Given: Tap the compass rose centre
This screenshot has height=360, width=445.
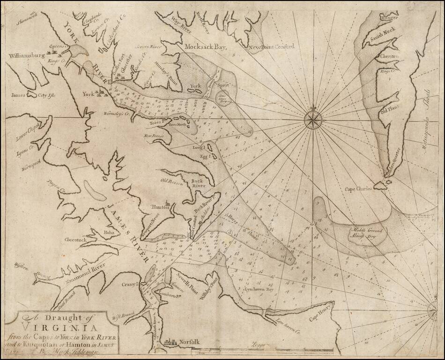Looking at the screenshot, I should coord(311,118).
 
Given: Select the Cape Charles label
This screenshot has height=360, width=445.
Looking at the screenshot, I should coord(358,189).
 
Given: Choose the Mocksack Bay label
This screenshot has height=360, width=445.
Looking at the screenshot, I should coord(206,47).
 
